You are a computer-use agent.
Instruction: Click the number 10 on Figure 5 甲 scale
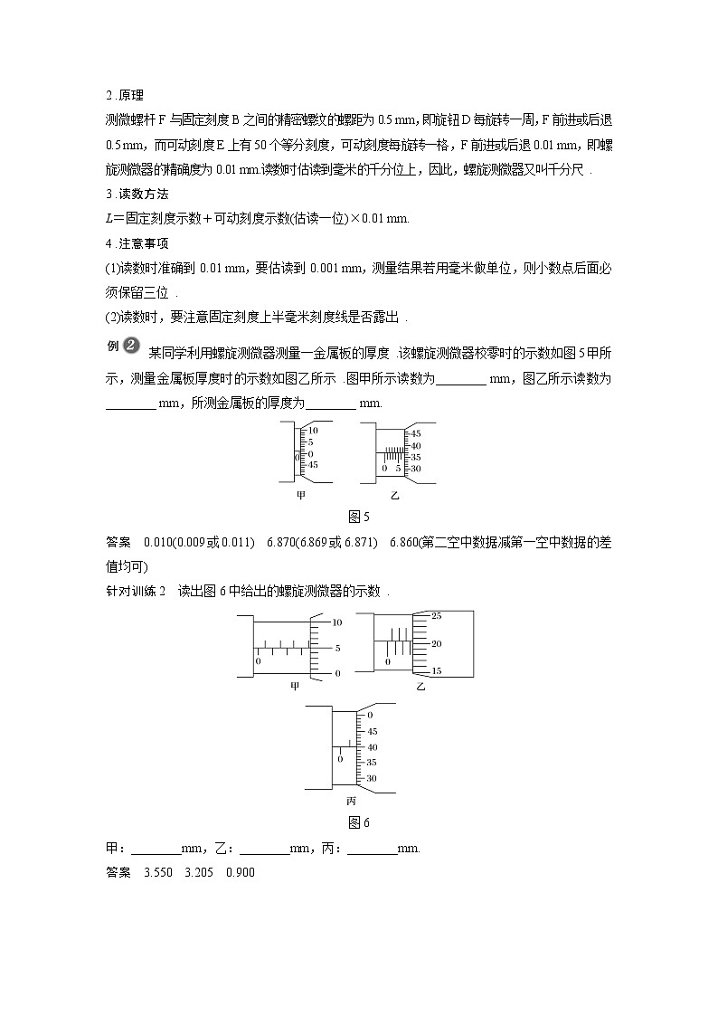tap(313, 431)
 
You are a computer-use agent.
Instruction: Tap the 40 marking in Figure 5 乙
tap(415, 446)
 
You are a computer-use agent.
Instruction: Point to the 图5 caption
tap(359, 517)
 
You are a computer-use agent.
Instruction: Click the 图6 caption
tap(359, 822)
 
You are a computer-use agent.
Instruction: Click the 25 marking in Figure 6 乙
tap(437, 616)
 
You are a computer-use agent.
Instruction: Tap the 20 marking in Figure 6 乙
tap(437, 644)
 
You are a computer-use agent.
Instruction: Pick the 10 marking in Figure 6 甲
tap(337, 622)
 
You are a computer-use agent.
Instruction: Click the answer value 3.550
tap(148, 872)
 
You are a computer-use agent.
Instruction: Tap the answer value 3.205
tap(196, 872)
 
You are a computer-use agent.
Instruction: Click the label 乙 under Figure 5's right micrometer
tap(394, 496)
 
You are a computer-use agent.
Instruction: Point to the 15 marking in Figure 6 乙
tap(437, 671)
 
